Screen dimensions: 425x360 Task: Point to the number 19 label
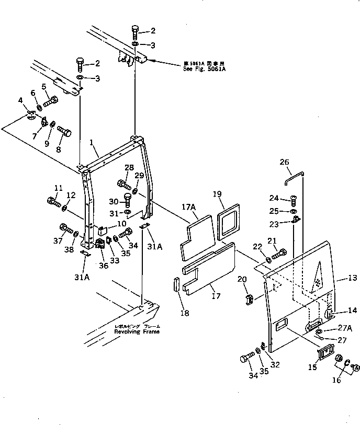click(218, 194)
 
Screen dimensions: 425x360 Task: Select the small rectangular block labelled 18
click(176, 287)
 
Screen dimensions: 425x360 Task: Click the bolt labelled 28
click(123, 183)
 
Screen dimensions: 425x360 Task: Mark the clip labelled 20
click(249, 300)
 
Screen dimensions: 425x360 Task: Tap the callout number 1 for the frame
click(92, 142)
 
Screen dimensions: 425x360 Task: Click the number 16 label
click(336, 380)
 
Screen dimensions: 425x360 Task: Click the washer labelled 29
click(135, 191)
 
